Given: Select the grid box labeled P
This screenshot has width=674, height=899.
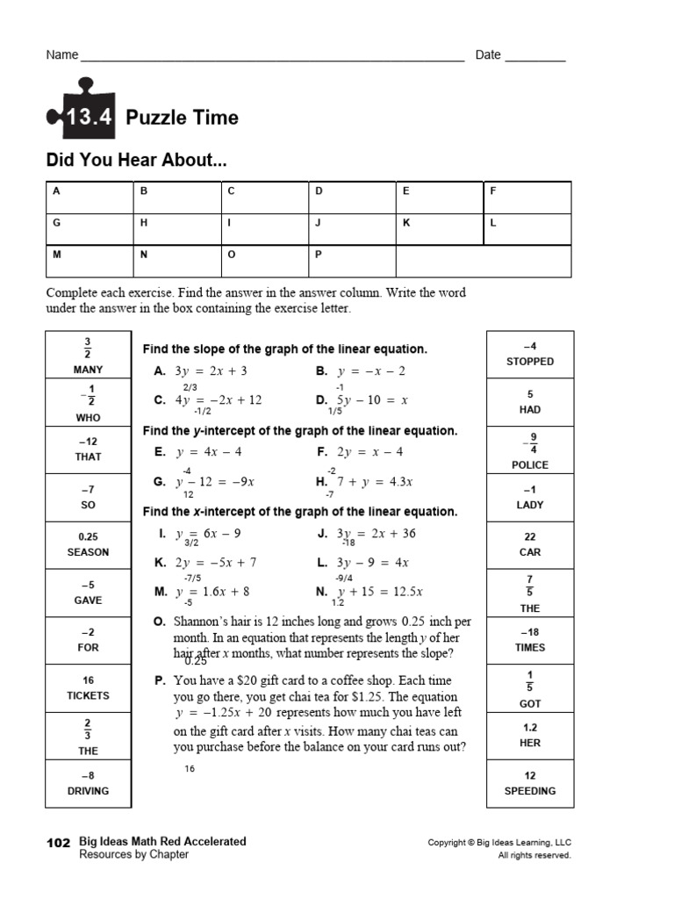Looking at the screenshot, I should point(352,262).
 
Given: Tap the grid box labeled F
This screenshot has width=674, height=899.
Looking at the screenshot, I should point(527,198).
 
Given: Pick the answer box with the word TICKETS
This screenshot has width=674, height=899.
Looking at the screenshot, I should point(88,688).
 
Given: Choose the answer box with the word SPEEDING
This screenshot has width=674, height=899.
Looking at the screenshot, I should point(530,783).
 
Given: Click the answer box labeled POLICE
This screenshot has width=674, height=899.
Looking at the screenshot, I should point(530,449).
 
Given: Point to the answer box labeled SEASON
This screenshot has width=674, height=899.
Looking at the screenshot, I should point(88,544).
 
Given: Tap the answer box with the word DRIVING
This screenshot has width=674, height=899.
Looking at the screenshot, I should point(88,783).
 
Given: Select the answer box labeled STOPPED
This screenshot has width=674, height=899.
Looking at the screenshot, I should point(530,354).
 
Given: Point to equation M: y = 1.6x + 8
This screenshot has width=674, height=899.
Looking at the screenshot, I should point(202,592).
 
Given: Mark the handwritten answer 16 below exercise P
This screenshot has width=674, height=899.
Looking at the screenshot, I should point(190,769).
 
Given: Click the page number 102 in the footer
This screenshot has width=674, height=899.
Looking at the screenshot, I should point(57,842).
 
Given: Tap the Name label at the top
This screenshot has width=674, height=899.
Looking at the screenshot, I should point(61,55).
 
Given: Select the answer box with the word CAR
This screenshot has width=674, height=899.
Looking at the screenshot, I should point(530,544).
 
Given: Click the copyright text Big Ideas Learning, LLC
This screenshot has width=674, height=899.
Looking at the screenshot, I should point(499,843).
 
